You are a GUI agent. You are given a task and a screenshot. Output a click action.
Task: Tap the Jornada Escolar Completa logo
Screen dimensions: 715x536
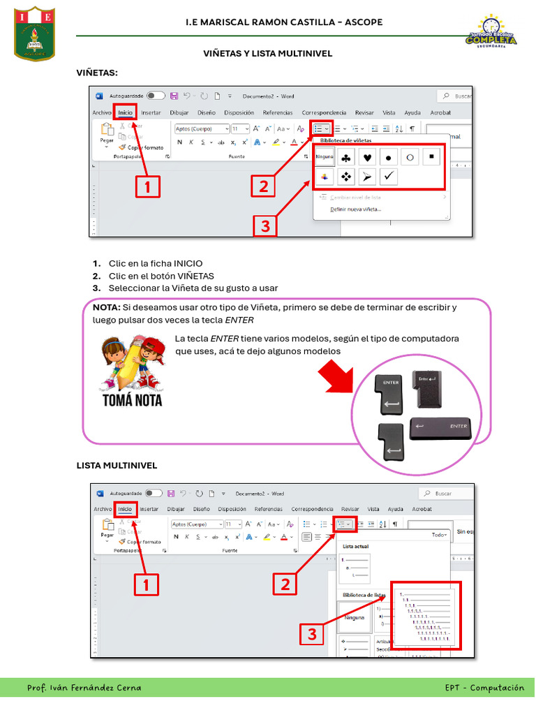[x=491, y=33]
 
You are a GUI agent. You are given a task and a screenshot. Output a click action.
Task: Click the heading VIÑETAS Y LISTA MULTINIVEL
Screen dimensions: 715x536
[x=267, y=53]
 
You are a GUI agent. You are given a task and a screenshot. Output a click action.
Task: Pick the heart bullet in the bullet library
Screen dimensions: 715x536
[x=367, y=157]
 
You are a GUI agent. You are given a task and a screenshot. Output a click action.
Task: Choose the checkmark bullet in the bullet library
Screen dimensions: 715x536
[x=389, y=177]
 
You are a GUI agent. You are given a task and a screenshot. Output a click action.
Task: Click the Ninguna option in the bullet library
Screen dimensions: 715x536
[x=324, y=157]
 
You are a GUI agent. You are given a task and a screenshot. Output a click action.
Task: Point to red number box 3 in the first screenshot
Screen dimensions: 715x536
[x=265, y=226]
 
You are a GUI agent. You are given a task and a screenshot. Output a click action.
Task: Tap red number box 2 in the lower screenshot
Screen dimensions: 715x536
[x=285, y=584]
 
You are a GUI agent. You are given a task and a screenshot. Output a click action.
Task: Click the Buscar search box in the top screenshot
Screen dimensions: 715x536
[x=456, y=96]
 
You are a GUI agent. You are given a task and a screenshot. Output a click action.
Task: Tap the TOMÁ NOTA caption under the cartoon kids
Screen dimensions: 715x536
[x=133, y=400]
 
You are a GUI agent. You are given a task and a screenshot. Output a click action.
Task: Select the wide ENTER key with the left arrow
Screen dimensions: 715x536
[x=440, y=428]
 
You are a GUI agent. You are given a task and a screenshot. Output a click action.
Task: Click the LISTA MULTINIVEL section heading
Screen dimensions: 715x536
[x=117, y=465]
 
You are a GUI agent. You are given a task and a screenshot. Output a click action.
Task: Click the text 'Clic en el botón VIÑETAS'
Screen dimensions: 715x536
[x=161, y=276]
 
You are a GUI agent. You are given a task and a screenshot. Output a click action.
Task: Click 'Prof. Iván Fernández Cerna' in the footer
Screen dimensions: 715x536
[x=84, y=688]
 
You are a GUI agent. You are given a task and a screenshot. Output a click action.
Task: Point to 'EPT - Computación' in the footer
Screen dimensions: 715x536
[x=484, y=688]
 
